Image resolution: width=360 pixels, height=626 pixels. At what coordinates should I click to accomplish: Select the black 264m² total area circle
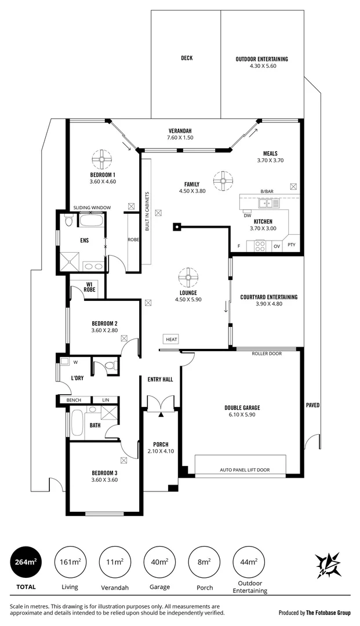coord(26,562)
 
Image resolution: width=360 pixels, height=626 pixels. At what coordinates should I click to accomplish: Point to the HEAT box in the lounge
coord(172,339)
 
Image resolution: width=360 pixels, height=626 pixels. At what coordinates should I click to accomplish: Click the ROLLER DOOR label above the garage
coord(267,353)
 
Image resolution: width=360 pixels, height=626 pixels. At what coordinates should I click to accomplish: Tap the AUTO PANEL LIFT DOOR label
coord(245,470)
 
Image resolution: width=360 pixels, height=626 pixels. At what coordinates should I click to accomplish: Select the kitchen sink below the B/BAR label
coord(267,203)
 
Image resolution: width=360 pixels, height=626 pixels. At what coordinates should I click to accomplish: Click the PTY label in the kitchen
coord(292,245)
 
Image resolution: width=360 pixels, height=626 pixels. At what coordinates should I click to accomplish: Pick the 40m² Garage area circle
coord(159,562)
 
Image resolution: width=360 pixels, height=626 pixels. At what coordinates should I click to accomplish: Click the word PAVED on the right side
coord(312,405)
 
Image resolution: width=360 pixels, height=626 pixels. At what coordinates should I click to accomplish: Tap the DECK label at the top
coord(186,58)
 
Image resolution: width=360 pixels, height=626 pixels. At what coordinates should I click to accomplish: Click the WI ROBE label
coord(89,286)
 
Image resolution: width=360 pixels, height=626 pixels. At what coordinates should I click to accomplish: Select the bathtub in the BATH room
coord(77,423)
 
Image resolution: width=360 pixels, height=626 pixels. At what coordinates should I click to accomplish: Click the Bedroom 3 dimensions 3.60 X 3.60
coord(104,480)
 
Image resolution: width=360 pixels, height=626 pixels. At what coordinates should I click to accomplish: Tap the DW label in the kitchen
coord(248,215)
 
